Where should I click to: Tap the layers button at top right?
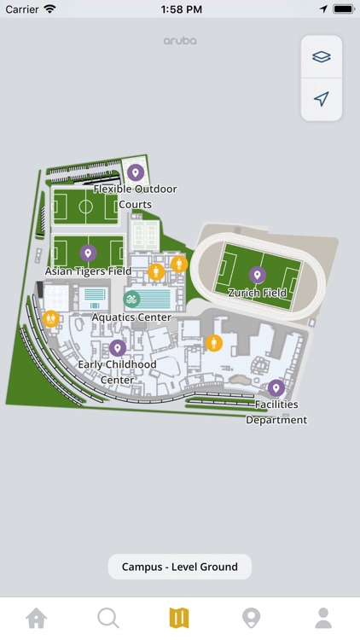click(321, 57)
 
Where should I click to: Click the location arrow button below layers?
click(321, 99)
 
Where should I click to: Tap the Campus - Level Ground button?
click(179, 567)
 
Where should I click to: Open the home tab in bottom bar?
click(36, 618)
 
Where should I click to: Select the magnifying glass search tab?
click(107, 618)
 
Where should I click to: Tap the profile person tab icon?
click(323, 618)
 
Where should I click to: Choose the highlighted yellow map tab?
click(179, 618)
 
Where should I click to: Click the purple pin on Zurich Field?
click(257, 275)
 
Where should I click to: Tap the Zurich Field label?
click(257, 293)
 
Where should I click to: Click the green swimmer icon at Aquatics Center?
click(131, 299)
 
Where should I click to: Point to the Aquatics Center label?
click(131, 317)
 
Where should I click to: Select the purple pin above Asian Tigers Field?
click(88, 253)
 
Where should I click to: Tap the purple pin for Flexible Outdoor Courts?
click(134, 173)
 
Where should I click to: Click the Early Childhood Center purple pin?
click(118, 347)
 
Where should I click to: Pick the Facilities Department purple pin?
click(276, 388)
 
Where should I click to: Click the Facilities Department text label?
click(276, 412)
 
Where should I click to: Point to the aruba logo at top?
click(180, 41)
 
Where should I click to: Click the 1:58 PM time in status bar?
click(179, 9)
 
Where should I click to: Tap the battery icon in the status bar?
click(343, 9)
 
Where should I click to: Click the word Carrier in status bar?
click(22, 9)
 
